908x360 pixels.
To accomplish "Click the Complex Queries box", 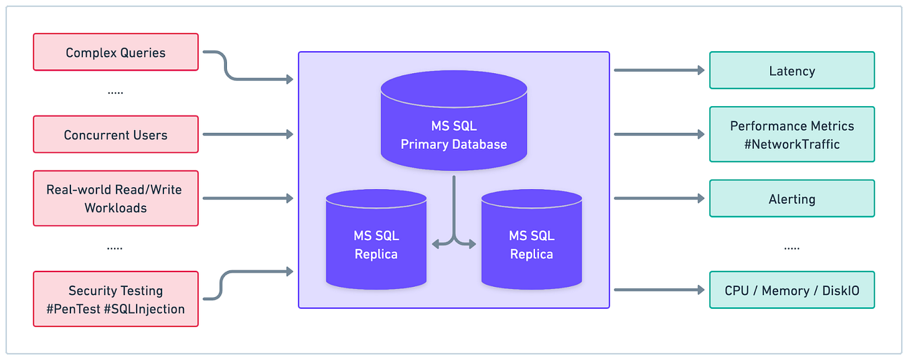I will [116, 52].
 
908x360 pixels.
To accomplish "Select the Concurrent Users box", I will [116, 135].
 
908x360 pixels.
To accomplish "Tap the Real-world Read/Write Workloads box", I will [116, 198].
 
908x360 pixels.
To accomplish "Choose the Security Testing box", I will [116, 299].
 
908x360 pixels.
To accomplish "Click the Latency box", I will [792, 71].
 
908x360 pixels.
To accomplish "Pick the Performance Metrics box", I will [792, 134].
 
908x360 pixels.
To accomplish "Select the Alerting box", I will [792, 199].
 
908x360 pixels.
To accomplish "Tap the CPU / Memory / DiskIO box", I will [792, 290].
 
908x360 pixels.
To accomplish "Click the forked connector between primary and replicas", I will [454, 231].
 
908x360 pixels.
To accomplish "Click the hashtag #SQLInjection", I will [145, 309].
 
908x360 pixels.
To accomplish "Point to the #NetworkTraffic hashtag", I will [792, 144].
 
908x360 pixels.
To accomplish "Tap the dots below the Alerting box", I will [791, 248].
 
